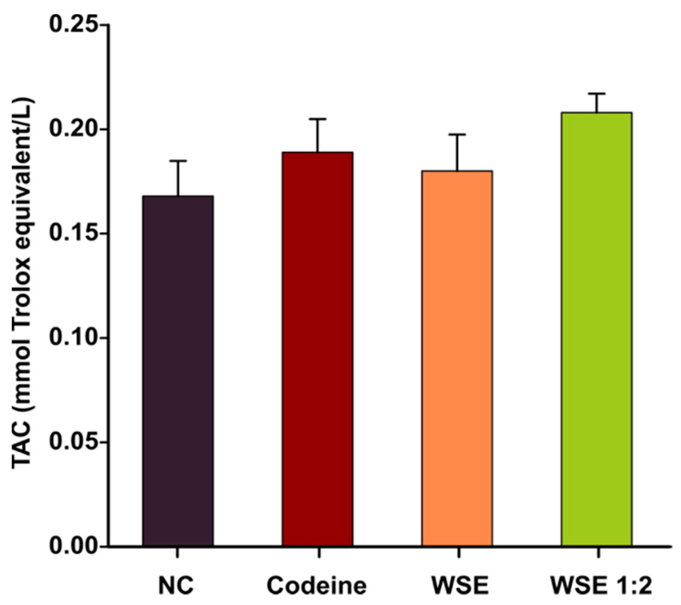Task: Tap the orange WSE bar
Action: click(457, 358)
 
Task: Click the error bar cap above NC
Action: click(178, 161)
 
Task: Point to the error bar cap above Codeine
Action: click(318, 119)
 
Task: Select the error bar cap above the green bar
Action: click(597, 93)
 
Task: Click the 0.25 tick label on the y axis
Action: click(73, 25)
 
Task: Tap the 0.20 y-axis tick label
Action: click(73, 130)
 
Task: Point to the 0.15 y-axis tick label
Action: click(73, 234)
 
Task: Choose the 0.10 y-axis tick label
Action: click(73, 338)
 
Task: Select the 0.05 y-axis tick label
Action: click(73, 442)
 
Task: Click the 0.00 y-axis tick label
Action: click(73, 547)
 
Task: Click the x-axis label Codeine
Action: click(317, 586)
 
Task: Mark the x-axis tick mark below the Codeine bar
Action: click(318, 553)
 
